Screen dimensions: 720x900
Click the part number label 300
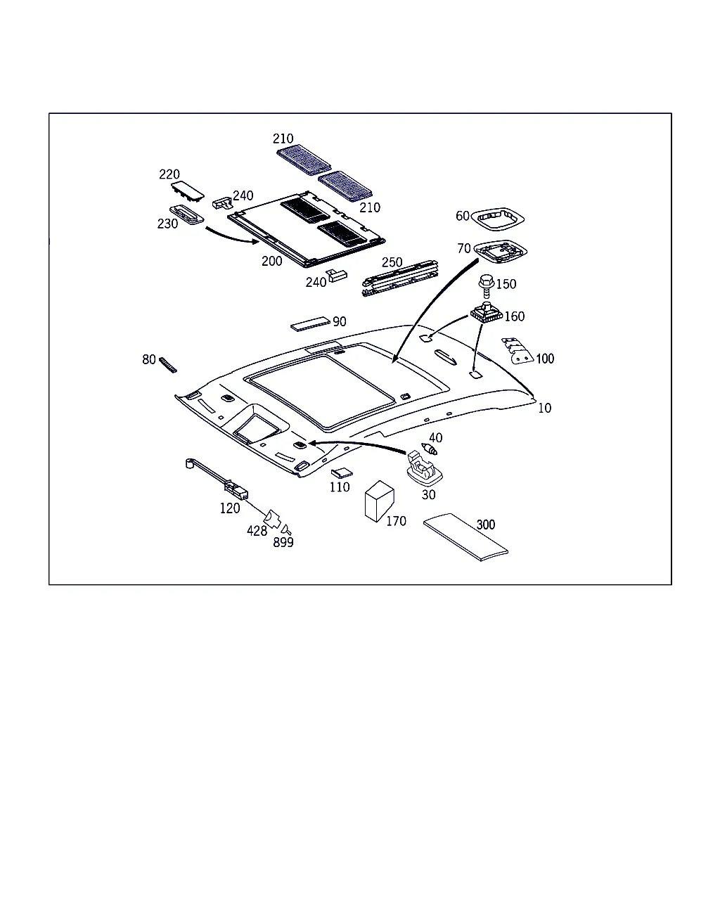[x=485, y=525]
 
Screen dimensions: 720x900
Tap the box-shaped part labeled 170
[x=379, y=501]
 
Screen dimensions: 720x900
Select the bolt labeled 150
[x=487, y=286]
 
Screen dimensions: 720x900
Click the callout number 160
[x=514, y=316]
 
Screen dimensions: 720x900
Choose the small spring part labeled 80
[x=168, y=365]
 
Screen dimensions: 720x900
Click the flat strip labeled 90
[x=310, y=323]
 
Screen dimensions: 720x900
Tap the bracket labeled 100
[x=517, y=352]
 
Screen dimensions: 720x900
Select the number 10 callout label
[x=544, y=408]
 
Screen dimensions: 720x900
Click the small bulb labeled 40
[x=429, y=449]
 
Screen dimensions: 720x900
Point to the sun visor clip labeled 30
[x=424, y=469]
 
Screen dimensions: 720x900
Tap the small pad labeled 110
[x=342, y=473]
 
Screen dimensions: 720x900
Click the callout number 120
[x=230, y=508]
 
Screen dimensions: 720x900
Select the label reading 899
[x=283, y=542]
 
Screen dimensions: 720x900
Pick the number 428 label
[x=257, y=531]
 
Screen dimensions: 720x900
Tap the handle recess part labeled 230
[x=186, y=214]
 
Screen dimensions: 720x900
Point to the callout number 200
[x=271, y=261]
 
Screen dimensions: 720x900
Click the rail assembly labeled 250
[x=400, y=278]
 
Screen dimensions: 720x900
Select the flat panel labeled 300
[x=465, y=537]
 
